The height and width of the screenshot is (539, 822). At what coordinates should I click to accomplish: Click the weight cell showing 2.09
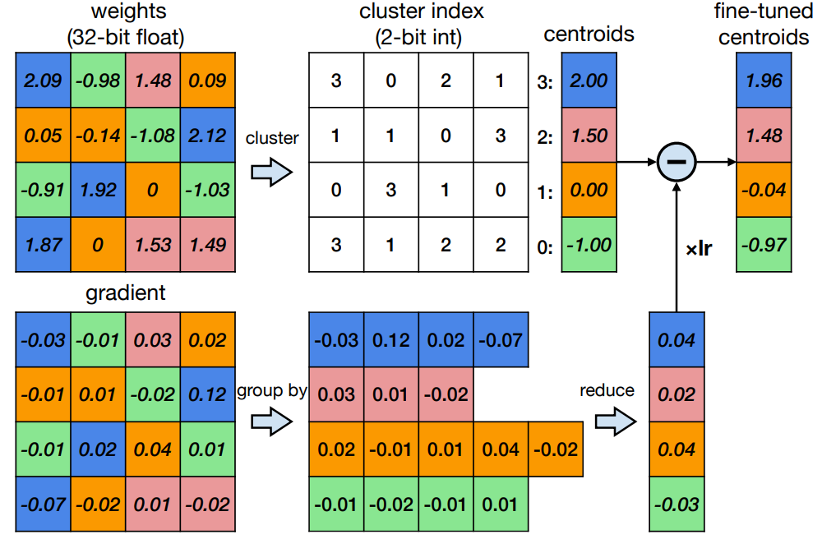pos(43,81)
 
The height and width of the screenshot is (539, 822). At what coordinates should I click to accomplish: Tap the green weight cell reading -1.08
pos(154,136)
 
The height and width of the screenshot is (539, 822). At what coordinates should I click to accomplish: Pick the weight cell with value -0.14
pos(99,136)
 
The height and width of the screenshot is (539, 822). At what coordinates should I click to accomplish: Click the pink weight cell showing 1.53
pos(154,245)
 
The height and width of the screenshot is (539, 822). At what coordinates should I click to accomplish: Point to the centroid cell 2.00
pos(589,81)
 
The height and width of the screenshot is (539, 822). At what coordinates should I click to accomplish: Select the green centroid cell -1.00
pos(589,245)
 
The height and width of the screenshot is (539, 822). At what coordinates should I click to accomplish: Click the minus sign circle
pos(676,163)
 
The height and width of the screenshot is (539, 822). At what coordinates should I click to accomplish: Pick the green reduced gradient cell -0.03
pos(676,504)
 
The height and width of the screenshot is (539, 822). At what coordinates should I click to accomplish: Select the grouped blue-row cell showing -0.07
pos(501,339)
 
